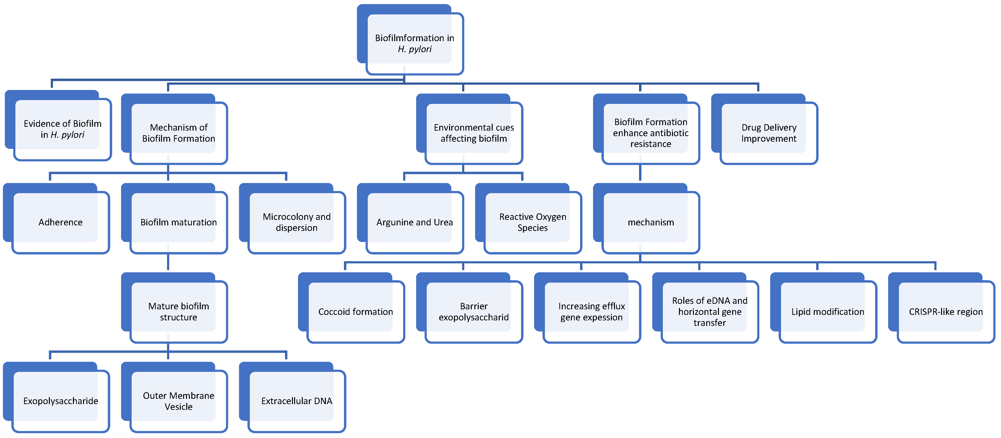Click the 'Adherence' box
[61, 222]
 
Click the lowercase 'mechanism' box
[651, 222]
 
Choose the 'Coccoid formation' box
[355, 311]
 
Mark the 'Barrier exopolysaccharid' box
[474, 311]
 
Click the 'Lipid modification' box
[828, 311]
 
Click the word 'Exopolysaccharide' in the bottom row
[61, 401]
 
